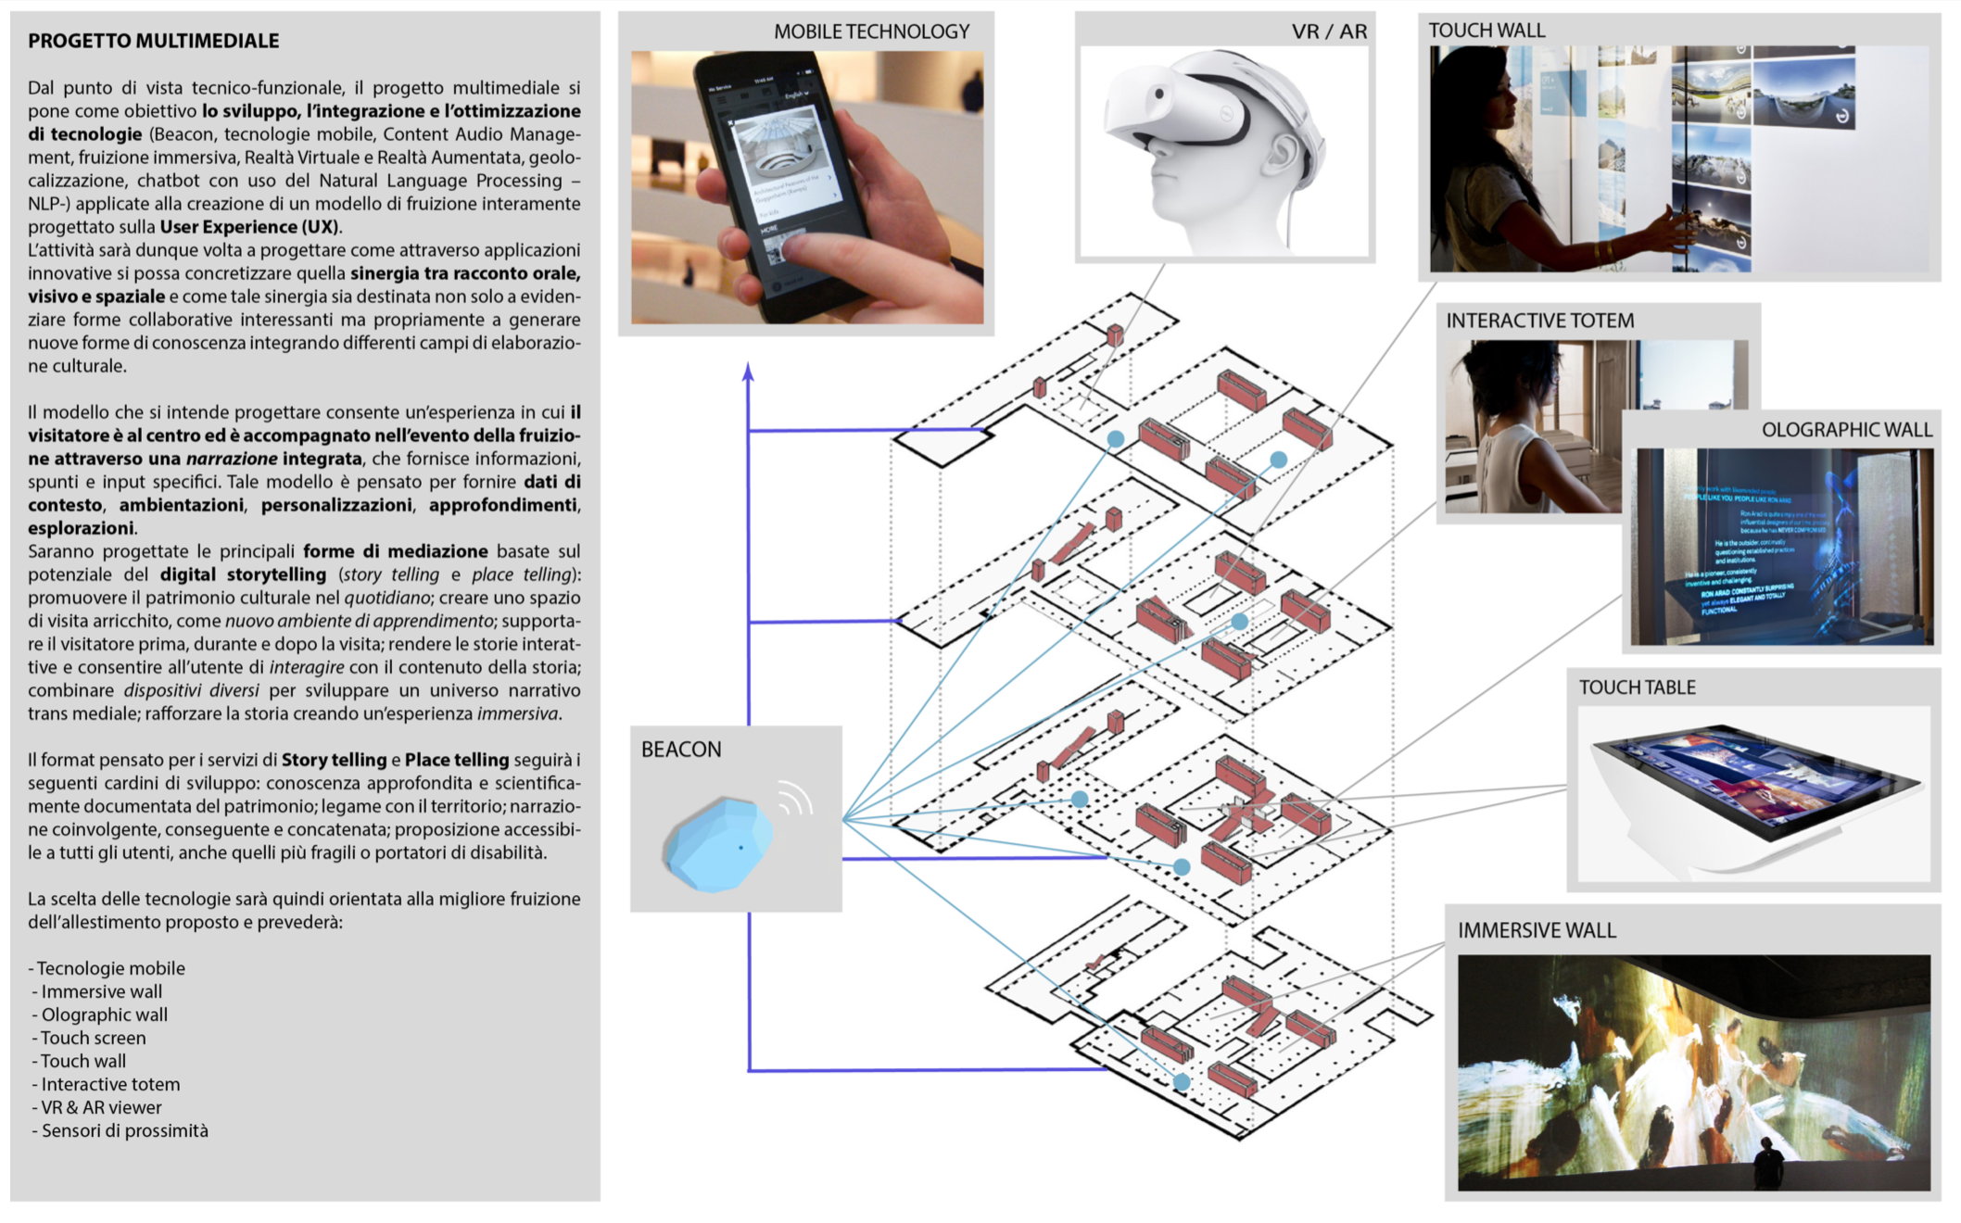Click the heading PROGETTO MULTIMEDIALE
coord(153,41)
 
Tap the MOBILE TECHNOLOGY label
coord(871,32)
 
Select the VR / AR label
coord(1329,32)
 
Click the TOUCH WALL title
coord(1487,31)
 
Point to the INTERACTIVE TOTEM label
coord(1539,321)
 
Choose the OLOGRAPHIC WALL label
coord(1846,430)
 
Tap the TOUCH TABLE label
coord(1637,687)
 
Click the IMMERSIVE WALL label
coord(1537,930)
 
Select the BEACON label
coord(681,749)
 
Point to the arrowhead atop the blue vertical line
coord(748,372)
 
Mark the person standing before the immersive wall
coord(1767,1164)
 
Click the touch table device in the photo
coord(1752,788)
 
